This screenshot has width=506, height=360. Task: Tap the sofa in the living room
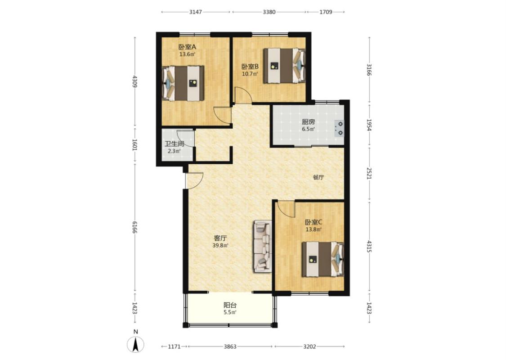click(x=263, y=246)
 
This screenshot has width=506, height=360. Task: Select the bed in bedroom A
click(x=183, y=83)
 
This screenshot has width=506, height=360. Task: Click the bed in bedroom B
click(x=284, y=66)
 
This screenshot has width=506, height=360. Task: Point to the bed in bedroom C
click(x=322, y=259)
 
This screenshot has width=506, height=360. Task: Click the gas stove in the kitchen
click(x=339, y=128)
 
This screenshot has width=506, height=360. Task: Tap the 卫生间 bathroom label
click(x=174, y=144)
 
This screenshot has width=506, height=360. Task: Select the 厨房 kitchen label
click(x=309, y=122)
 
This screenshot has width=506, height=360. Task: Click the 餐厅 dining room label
click(x=318, y=177)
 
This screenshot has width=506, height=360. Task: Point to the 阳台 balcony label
click(x=230, y=305)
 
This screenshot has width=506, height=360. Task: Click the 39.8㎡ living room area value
click(x=220, y=245)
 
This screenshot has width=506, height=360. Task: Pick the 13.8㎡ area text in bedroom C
click(x=313, y=229)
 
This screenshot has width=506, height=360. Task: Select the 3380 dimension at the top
click(x=269, y=12)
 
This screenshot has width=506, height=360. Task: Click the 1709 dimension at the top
click(x=326, y=12)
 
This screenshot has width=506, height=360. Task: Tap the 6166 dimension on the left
click(x=135, y=227)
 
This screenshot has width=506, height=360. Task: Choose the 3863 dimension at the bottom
click(x=230, y=346)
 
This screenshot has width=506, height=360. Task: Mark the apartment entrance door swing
click(x=194, y=181)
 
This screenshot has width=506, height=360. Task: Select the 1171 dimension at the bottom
click(x=174, y=346)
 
